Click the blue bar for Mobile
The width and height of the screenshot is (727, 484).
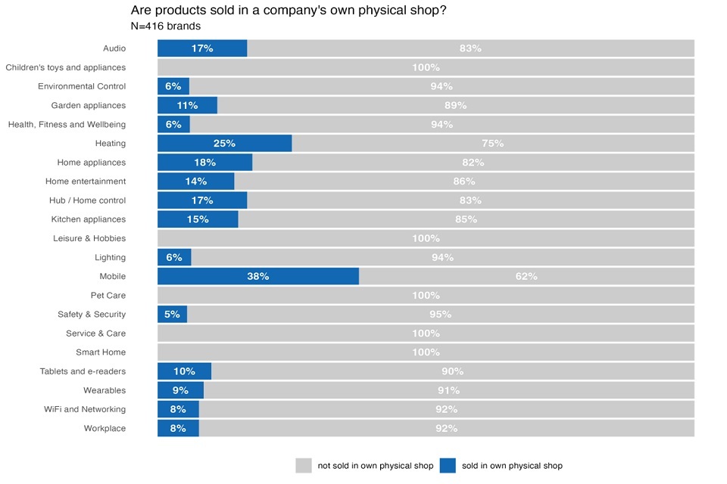257,276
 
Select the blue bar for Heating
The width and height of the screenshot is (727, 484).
224,144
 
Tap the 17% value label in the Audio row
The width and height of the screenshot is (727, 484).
202,48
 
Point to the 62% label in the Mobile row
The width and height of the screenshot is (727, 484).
526,276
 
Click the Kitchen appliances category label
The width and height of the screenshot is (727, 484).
89,219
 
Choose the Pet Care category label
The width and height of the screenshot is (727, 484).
108,296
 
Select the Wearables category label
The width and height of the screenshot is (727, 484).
105,390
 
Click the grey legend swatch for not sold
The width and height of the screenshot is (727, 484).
304,466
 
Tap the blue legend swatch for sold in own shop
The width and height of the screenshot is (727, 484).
448,466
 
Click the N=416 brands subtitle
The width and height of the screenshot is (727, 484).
165,26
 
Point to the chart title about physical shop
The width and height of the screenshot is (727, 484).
289,11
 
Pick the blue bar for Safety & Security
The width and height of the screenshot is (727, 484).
172,315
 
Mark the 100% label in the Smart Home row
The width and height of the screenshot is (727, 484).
426,352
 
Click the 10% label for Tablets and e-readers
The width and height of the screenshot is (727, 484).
184,371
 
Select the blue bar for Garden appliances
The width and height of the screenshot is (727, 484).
187,106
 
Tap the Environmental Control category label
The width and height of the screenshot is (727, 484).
82,86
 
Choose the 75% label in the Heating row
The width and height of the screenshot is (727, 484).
492,144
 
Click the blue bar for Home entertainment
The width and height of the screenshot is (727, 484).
195,181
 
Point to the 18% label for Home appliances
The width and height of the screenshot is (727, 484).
204,163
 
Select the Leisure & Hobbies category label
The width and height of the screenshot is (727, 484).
89,238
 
